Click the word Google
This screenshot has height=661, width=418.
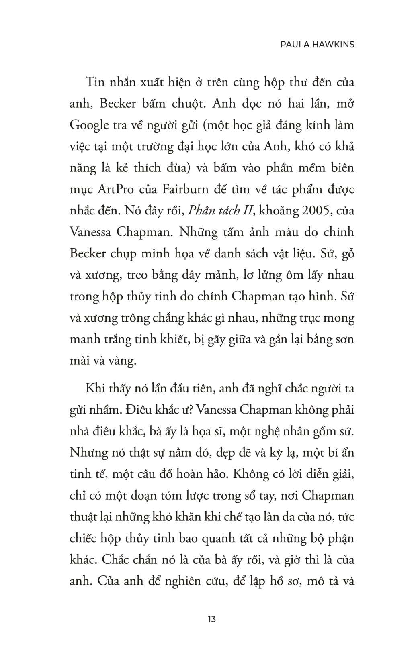point(89,125)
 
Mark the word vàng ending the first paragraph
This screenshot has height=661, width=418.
point(122,361)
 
